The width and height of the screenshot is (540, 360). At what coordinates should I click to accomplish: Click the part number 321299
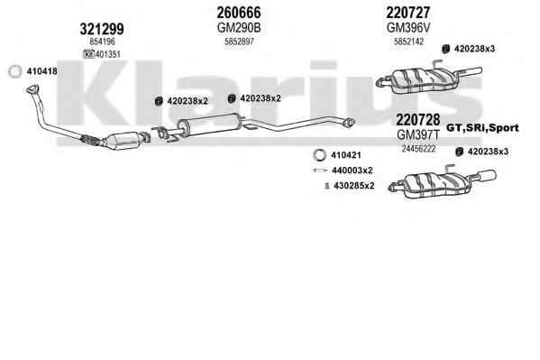(x=102, y=29)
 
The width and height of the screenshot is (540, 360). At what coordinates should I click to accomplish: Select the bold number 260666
(x=239, y=13)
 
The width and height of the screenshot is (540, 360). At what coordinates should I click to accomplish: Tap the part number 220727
(x=408, y=13)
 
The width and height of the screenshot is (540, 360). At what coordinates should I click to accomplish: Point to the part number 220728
(x=418, y=120)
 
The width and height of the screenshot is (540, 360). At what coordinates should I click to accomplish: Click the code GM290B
(x=239, y=28)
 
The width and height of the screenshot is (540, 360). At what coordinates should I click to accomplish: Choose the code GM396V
(x=408, y=28)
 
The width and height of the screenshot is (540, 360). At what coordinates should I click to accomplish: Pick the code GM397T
(x=418, y=134)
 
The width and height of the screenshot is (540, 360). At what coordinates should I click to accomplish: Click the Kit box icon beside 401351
(x=89, y=54)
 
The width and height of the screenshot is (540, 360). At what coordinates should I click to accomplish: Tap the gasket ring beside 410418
(x=14, y=71)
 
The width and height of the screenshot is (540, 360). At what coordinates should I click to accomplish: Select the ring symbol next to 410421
(x=319, y=155)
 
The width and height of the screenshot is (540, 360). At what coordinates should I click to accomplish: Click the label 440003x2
(x=352, y=171)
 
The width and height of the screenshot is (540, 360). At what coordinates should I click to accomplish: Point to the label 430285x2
(x=353, y=186)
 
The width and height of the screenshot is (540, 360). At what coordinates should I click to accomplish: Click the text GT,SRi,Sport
(x=482, y=128)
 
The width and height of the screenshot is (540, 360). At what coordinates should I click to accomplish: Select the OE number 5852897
(x=239, y=42)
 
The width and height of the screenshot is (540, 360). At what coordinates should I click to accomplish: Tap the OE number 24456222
(x=418, y=149)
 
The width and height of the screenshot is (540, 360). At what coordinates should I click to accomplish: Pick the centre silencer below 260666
(x=209, y=125)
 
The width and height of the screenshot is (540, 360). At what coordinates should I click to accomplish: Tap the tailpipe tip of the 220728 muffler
(x=488, y=175)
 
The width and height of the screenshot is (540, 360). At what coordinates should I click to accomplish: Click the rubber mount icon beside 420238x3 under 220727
(x=446, y=49)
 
